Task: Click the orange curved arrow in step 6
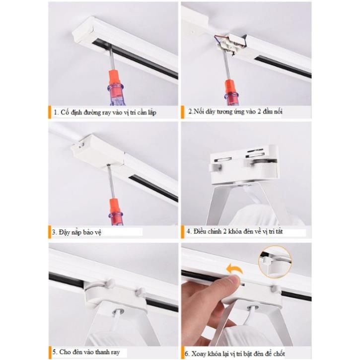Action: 234,269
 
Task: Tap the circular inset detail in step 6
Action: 275,262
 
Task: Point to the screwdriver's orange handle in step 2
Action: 230,87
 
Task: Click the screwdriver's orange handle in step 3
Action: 115,207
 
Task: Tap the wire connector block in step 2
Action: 229,44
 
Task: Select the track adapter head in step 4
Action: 244,164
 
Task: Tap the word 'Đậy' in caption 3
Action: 64,232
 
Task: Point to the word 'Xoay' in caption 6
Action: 199,354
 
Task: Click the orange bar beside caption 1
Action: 50,112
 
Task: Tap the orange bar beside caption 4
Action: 183,232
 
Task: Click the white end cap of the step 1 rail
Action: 82,32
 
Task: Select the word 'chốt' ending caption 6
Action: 279,354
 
